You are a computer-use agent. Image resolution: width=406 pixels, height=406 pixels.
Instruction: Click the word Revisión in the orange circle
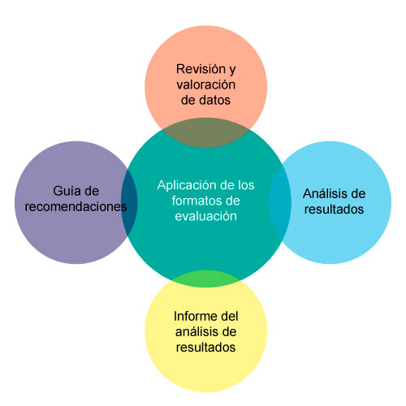(x=201, y=69)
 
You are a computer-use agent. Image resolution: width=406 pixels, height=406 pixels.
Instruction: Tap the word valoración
(x=206, y=84)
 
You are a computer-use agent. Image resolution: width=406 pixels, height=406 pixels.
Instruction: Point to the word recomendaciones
(x=76, y=206)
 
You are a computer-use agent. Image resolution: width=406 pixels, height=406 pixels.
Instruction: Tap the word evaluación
(x=206, y=216)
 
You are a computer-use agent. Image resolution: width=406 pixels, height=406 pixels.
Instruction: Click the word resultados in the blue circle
(x=334, y=209)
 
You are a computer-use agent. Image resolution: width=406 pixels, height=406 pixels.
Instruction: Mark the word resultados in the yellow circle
(x=205, y=347)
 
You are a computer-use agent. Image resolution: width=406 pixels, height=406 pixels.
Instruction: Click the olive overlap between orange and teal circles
(x=206, y=132)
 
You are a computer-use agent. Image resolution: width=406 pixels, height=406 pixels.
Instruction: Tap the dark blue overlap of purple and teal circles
(x=129, y=202)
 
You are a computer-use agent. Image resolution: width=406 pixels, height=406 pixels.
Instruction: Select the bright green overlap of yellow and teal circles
(x=206, y=279)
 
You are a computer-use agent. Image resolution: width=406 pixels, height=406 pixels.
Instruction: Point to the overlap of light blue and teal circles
(x=280, y=202)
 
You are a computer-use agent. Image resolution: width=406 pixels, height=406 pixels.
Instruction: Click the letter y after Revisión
(x=232, y=70)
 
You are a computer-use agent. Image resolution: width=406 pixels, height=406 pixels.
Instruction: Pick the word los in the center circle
(x=246, y=185)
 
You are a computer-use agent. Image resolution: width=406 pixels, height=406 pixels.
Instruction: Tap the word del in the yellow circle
(x=230, y=316)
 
